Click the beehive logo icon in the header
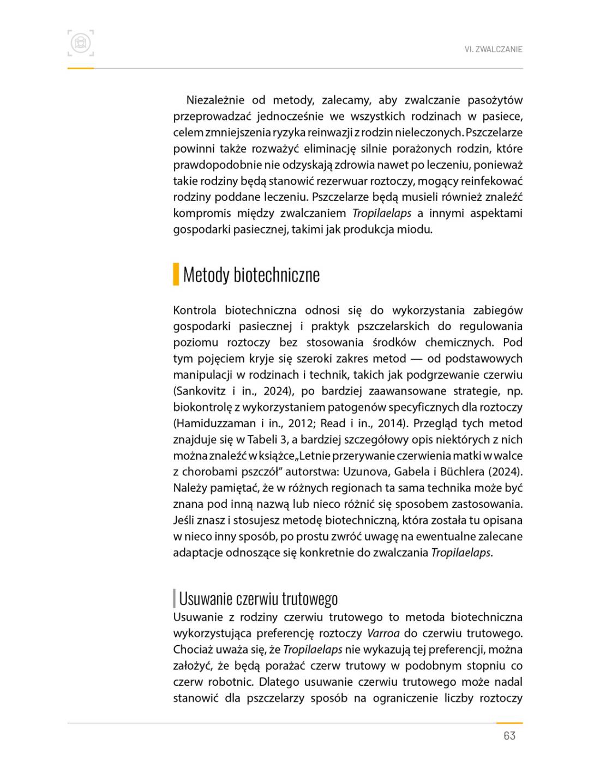click(x=81, y=43)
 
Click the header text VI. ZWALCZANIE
click(x=493, y=49)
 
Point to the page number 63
click(x=509, y=736)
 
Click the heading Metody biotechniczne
click(x=251, y=275)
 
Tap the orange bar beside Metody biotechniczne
click(x=176, y=274)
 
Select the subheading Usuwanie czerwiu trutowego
click(x=258, y=598)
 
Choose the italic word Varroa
click(x=383, y=633)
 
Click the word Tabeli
click(x=263, y=439)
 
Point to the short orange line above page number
click(x=509, y=723)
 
